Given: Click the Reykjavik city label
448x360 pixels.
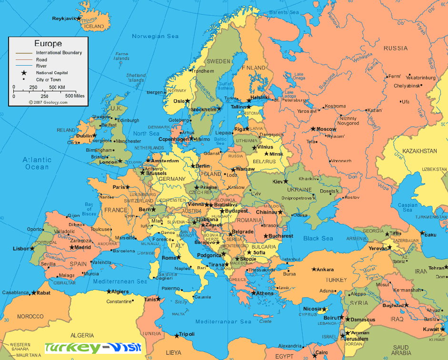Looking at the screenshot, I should click(x=63, y=19).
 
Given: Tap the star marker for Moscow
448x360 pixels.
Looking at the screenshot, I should click(x=313, y=129).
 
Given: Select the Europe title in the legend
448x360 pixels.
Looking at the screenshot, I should click(x=48, y=44).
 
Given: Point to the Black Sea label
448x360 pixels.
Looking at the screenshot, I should click(x=318, y=239).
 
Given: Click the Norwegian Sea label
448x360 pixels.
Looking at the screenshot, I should click(x=155, y=37).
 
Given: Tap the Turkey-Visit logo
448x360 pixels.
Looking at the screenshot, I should click(x=93, y=348).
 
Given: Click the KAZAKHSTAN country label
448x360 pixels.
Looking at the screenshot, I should click(x=419, y=151).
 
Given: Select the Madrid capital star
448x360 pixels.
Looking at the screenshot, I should click(x=71, y=247).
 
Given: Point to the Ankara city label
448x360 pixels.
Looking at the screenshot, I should click(x=325, y=270).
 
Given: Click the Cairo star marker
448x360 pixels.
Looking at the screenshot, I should click(x=315, y=354).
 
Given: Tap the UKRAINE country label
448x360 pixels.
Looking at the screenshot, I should click(x=299, y=190).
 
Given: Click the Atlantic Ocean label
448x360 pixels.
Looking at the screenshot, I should click(x=37, y=163).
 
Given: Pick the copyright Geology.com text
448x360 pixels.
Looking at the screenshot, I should click(x=48, y=102).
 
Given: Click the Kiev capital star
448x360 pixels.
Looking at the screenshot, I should click(x=286, y=181).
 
